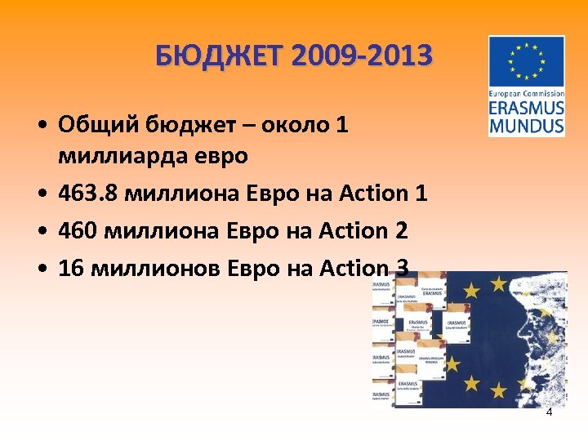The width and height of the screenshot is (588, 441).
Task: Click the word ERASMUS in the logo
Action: click(x=527, y=107)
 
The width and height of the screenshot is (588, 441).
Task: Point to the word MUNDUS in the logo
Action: click(x=527, y=125)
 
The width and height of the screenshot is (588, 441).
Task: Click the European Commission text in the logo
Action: click(x=527, y=93)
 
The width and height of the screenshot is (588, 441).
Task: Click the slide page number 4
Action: click(x=549, y=412)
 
